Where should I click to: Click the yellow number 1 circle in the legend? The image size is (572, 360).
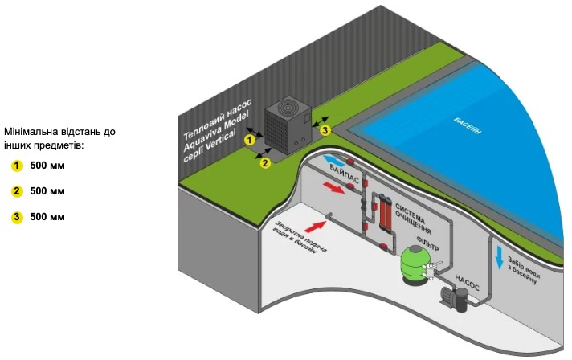point(16,166)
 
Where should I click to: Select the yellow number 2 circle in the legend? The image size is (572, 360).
point(16,191)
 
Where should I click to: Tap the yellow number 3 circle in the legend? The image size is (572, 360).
point(16,217)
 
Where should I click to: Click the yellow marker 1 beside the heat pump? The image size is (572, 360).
point(249,140)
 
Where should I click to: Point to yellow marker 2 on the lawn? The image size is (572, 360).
point(264,163)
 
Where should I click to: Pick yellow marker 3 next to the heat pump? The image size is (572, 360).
point(325,129)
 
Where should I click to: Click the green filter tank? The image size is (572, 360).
point(417,263)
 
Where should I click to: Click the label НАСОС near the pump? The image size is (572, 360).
point(468,282)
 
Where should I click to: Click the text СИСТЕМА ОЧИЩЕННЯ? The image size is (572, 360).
point(414,211)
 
